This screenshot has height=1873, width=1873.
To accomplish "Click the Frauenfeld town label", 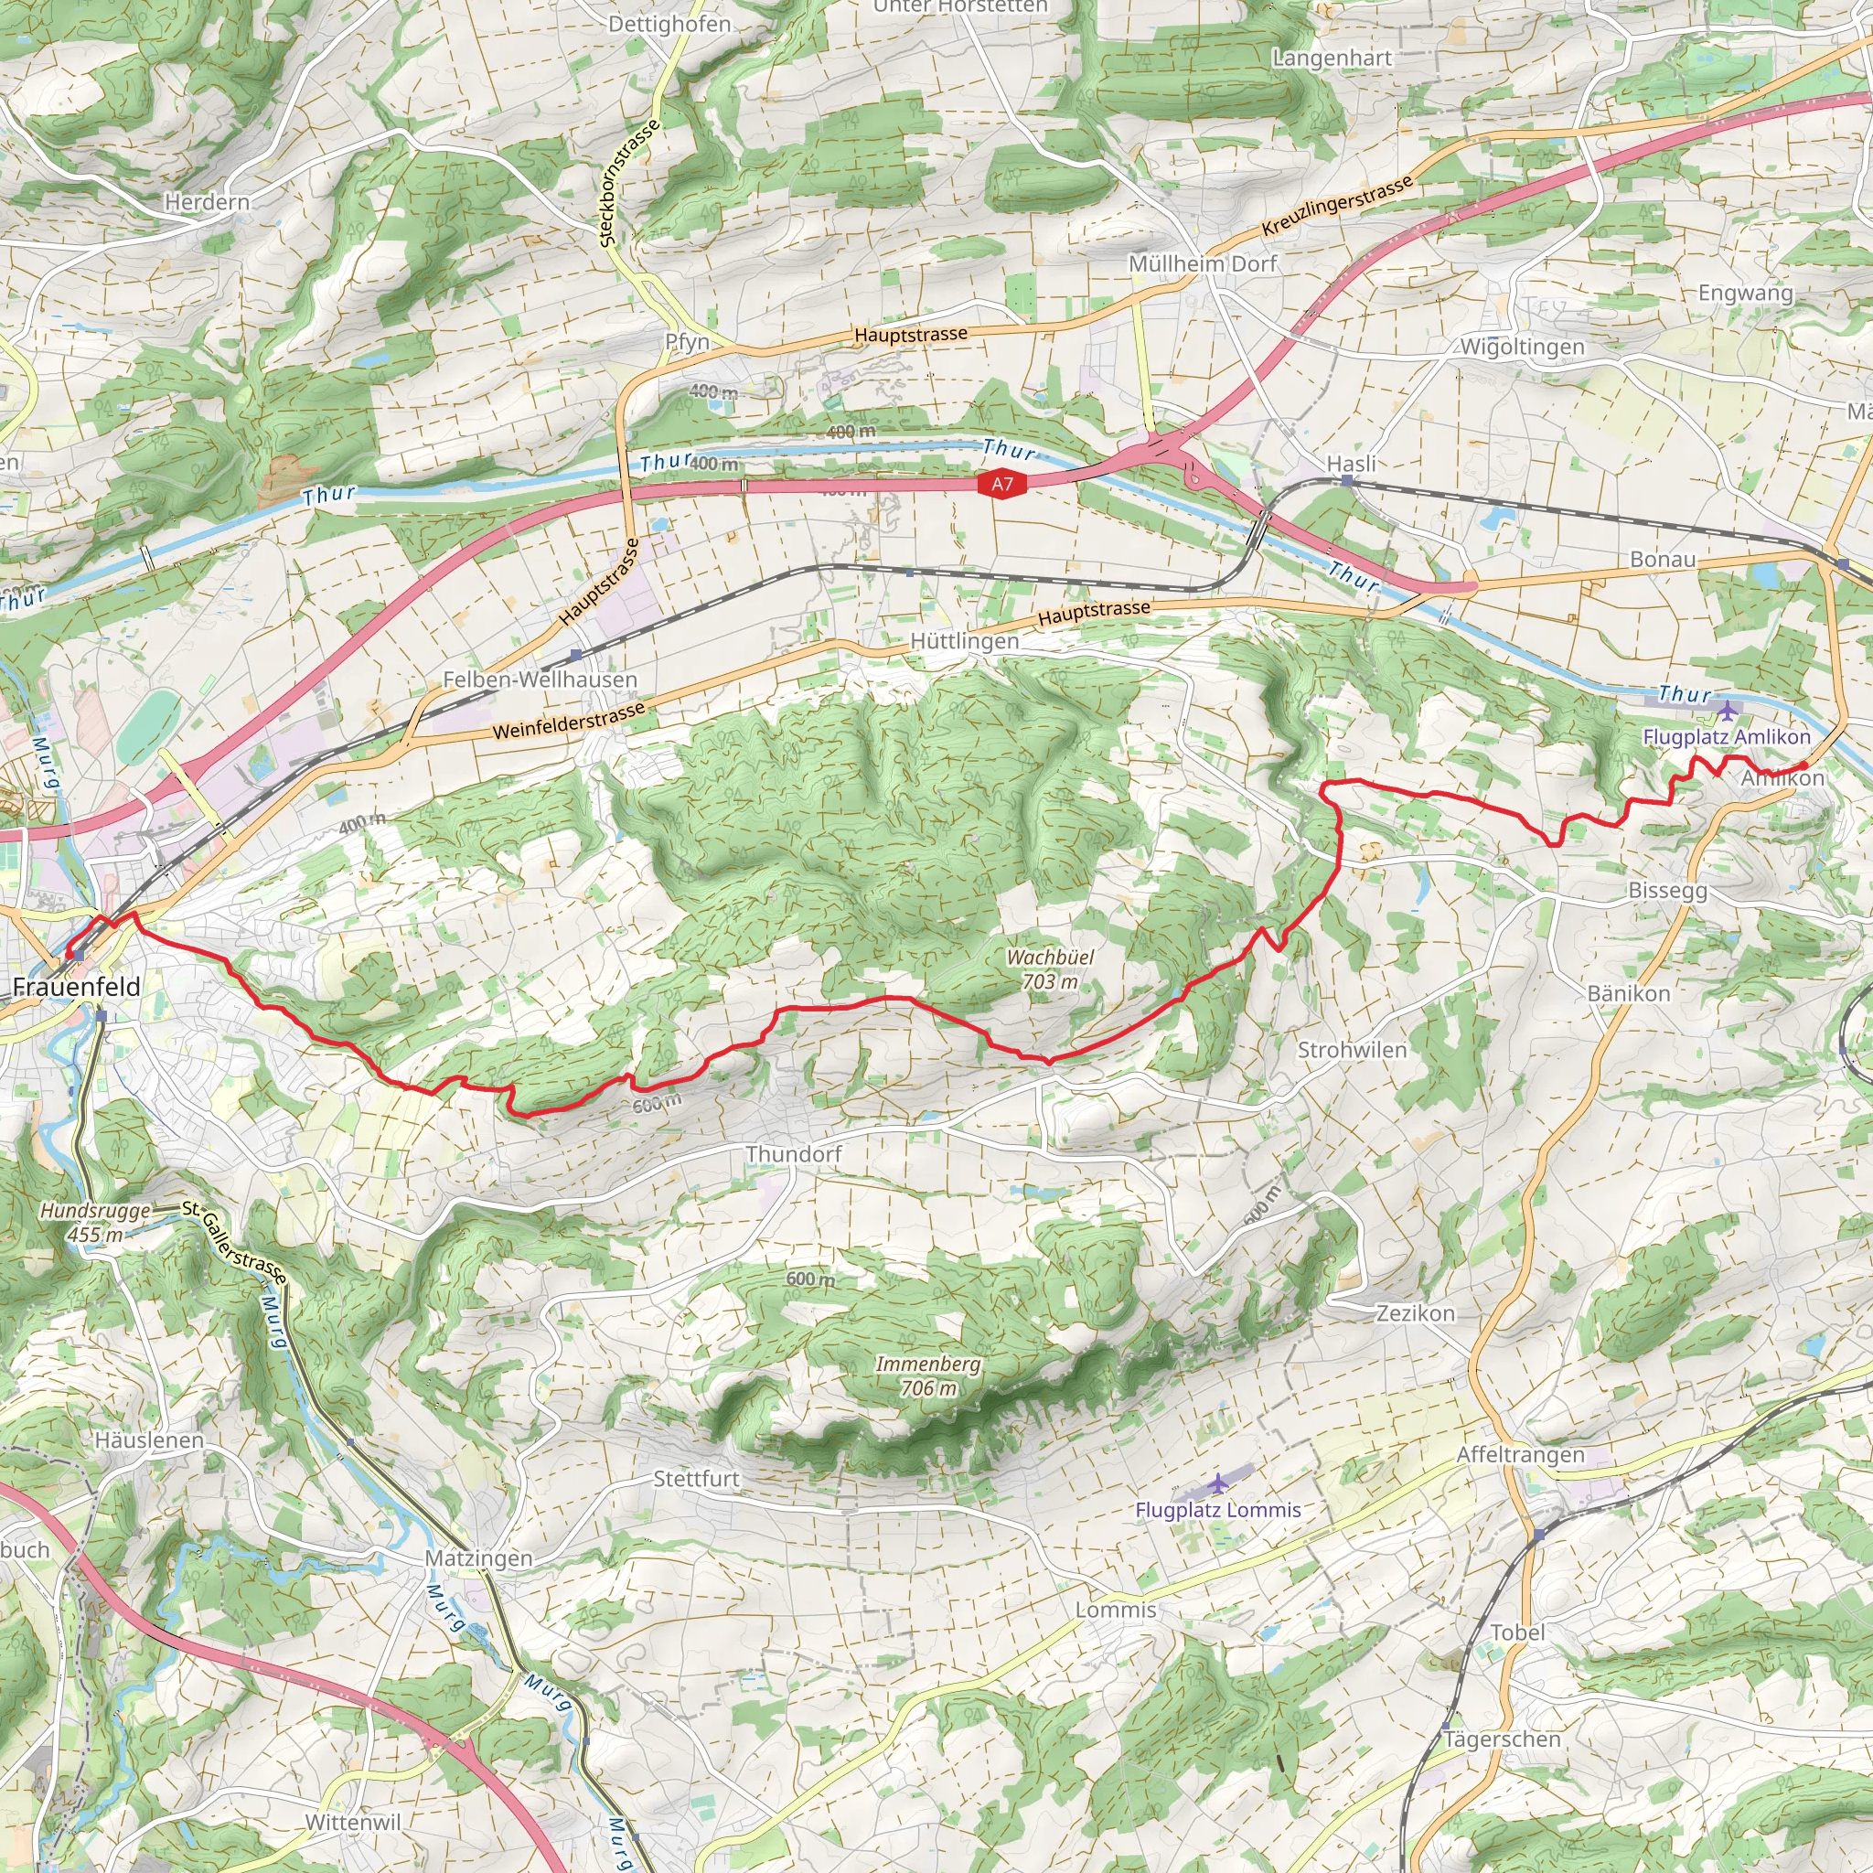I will click(x=77, y=987).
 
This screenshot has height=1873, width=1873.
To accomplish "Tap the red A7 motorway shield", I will click(x=1001, y=484).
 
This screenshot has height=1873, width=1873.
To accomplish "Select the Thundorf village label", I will click(x=793, y=1153).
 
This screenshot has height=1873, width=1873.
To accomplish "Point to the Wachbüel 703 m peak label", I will click(x=1050, y=969).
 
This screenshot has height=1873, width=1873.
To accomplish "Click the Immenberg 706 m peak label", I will click(x=927, y=1375).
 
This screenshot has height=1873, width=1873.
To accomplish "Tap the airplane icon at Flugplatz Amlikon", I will click(x=1727, y=712).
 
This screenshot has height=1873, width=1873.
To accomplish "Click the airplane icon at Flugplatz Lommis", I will click(x=1217, y=1483).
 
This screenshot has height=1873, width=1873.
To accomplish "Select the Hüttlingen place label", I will click(x=965, y=641).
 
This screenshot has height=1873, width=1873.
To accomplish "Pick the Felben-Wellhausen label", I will click(x=540, y=680).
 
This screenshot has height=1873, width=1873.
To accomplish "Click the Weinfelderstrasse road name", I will click(x=569, y=722).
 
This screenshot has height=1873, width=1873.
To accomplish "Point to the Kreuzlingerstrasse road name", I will click(x=1337, y=207).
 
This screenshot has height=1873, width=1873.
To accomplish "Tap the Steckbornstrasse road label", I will click(x=629, y=182).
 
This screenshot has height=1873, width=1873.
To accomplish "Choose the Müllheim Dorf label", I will click(x=1202, y=263).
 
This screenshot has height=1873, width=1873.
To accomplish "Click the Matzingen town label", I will click(x=479, y=1557).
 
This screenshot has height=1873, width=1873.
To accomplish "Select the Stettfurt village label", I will click(x=696, y=1479).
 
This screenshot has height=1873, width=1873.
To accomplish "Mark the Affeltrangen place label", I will click(x=1520, y=1454).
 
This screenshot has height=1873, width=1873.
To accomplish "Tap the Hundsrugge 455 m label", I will click(x=96, y=1223).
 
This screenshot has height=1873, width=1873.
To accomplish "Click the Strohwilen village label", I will click(x=1352, y=1050).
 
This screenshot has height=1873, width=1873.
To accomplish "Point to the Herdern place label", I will click(x=207, y=201).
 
